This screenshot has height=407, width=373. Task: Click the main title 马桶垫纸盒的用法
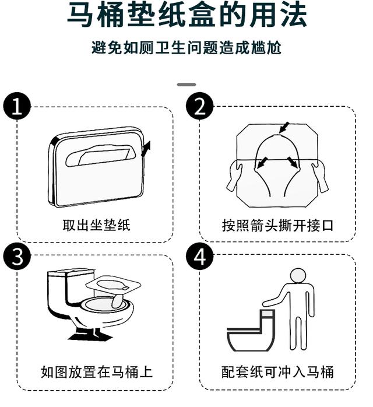tap(186, 16)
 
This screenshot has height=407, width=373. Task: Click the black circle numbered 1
tap(17, 106)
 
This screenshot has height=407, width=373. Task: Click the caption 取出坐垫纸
tap(96, 225)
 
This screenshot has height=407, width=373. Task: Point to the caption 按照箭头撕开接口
tap(278, 225)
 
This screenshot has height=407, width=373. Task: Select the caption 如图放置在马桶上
tap(97, 371)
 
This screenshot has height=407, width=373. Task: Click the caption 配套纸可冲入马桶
tap(278, 371)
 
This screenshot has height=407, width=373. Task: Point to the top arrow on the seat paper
tap(284, 127)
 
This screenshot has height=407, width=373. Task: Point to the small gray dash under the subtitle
tap(186, 85)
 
